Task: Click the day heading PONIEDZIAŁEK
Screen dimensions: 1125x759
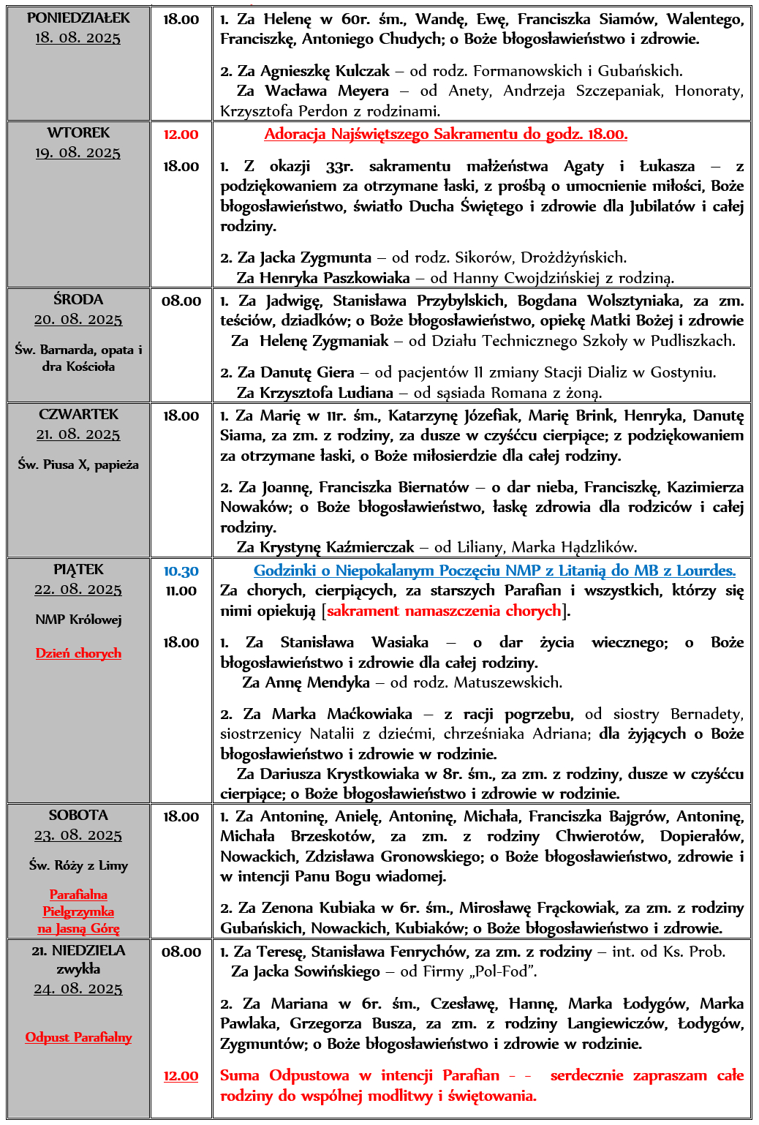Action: pos(78,18)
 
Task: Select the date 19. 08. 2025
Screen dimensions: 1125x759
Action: pos(78,153)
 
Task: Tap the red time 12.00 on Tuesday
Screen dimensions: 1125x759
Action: pos(181,135)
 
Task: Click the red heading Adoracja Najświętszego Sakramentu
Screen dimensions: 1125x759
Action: pos(445,134)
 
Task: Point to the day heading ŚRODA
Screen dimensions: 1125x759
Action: pos(78,299)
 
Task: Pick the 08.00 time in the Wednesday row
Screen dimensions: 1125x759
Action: pos(181,301)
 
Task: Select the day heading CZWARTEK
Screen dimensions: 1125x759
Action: pos(78,414)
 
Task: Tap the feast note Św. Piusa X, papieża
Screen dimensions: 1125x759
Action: pos(78,464)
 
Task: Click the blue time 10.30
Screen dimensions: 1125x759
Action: pos(181,571)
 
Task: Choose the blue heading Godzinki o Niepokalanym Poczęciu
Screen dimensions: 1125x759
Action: pos(494,571)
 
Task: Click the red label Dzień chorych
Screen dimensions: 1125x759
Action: pos(78,653)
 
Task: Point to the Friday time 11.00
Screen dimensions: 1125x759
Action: pos(181,591)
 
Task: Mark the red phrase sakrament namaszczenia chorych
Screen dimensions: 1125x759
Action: pos(444,611)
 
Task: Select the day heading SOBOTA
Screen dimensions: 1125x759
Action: pos(78,815)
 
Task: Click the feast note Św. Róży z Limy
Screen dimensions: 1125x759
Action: pos(78,865)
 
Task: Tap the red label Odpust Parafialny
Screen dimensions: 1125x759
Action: pos(78,1037)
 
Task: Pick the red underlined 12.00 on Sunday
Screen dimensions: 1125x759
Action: pos(181,1076)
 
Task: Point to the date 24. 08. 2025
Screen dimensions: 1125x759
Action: pos(78,989)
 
